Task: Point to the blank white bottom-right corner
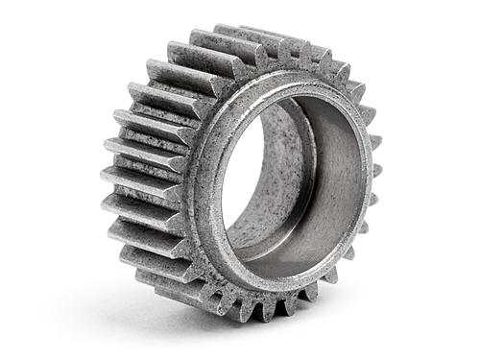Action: (x=451, y=336)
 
